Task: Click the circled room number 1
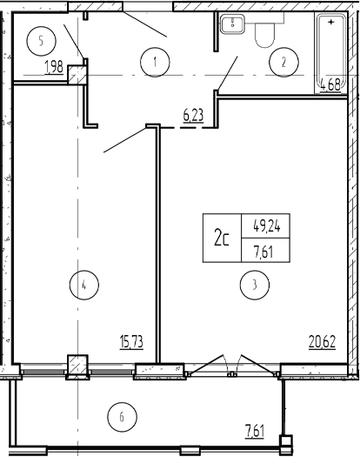(155, 62)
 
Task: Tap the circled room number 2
(283, 62)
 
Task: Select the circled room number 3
(255, 285)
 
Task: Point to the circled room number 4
(84, 285)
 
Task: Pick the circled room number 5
(41, 41)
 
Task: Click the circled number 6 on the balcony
(122, 417)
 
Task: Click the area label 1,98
(54, 67)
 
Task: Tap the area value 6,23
(193, 116)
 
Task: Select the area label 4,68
(330, 85)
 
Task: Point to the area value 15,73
(131, 341)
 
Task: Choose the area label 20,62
(322, 341)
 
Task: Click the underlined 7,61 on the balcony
(255, 431)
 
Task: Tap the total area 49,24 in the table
(267, 226)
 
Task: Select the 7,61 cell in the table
(263, 251)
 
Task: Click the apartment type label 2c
(222, 238)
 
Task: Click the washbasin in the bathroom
(232, 24)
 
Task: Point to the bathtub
(331, 54)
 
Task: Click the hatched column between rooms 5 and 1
(77, 75)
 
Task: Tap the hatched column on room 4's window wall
(77, 366)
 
